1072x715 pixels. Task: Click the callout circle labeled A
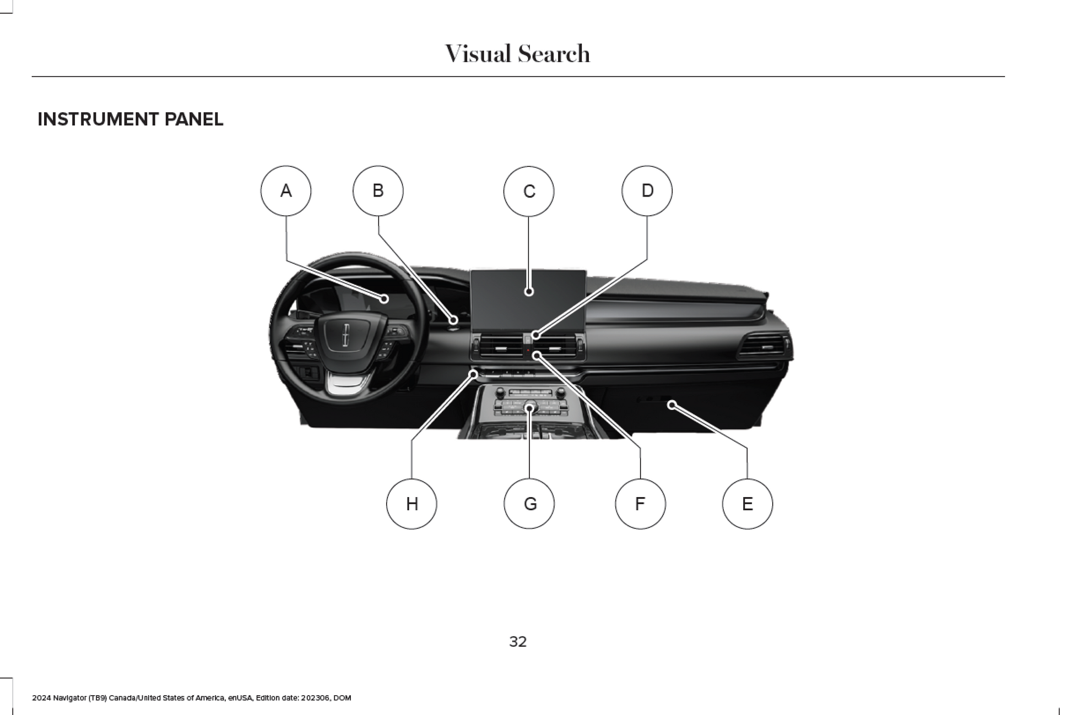click(285, 191)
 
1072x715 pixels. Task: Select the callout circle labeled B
click(378, 191)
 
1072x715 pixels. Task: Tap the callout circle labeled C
click(528, 191)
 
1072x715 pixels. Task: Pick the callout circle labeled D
click(647, 191)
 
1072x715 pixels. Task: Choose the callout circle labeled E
click(747, 504)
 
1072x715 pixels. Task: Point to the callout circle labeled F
click(640, 504)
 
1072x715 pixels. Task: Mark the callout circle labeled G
click(529, 504)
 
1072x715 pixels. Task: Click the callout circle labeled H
click(412, 504)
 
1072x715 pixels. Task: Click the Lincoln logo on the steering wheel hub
click(346, 335)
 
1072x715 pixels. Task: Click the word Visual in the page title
click(478, 54)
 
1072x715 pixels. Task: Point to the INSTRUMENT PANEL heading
click(131, 119)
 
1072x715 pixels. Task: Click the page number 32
click(517, 642)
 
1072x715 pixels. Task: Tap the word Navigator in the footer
click(69, 698)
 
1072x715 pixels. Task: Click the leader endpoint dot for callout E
click(672, 405)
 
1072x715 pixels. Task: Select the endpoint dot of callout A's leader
click(384, 299)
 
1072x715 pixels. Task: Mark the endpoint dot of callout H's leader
click(473, 375)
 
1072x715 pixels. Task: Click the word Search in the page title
click(554, 54)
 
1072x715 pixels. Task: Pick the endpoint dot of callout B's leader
click(453, 320)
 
